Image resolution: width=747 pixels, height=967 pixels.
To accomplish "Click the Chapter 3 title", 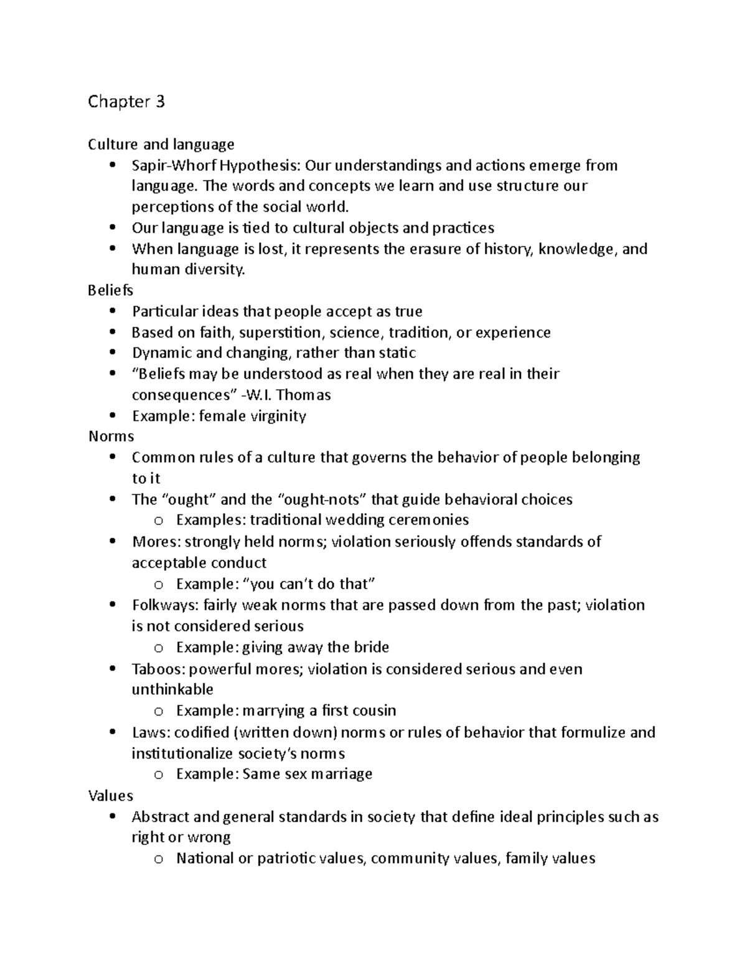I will click(126, 101).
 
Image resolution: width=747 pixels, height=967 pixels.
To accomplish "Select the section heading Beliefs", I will click(110, 290).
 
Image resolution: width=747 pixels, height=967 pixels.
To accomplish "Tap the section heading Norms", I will click(111, 436).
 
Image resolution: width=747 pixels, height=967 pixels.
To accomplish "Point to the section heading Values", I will click(110, 795).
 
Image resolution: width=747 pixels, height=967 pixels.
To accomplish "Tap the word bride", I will click(372, 647).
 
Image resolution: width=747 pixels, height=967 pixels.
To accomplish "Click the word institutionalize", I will click(182, 753).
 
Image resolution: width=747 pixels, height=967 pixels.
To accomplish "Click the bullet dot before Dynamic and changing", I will click(112, 353).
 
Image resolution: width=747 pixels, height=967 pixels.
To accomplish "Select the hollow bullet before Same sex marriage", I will click(159, 775).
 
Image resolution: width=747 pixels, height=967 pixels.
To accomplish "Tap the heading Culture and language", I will click(161, 144).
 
